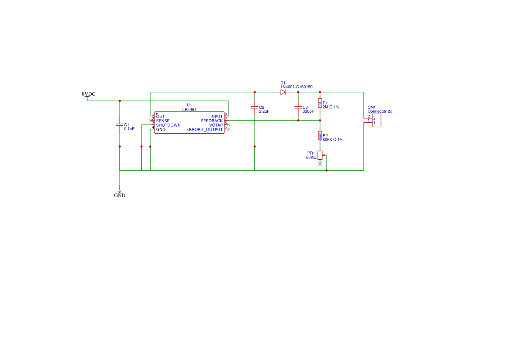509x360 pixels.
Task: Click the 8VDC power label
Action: (x=89, y=94)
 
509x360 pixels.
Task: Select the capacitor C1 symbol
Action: (x=120, y=125)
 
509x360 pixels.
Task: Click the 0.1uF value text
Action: (x=129, y=129)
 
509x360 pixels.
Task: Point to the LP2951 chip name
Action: (x=189, y=109)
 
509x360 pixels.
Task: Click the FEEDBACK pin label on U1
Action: (x=212, y=121)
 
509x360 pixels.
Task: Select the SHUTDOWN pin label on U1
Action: (x=168, y=125)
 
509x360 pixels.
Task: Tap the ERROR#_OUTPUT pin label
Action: (x=205, y=130)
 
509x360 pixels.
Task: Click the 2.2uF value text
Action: (x=264, y=111)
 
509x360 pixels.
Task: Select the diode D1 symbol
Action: (x=283, y=92)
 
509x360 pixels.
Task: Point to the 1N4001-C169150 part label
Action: (x=297, y=87)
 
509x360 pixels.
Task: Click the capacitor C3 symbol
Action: (x=298, y=107)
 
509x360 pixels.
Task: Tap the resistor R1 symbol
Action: (x=320, y=103)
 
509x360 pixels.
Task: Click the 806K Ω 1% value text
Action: (x=333, y=140)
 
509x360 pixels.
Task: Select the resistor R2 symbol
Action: (x=320, y=136)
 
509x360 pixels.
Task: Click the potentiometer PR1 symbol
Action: (x=320, y=155)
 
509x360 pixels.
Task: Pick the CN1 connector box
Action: (x=376, y=121)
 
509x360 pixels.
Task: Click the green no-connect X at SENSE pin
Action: (x=150, y=121)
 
